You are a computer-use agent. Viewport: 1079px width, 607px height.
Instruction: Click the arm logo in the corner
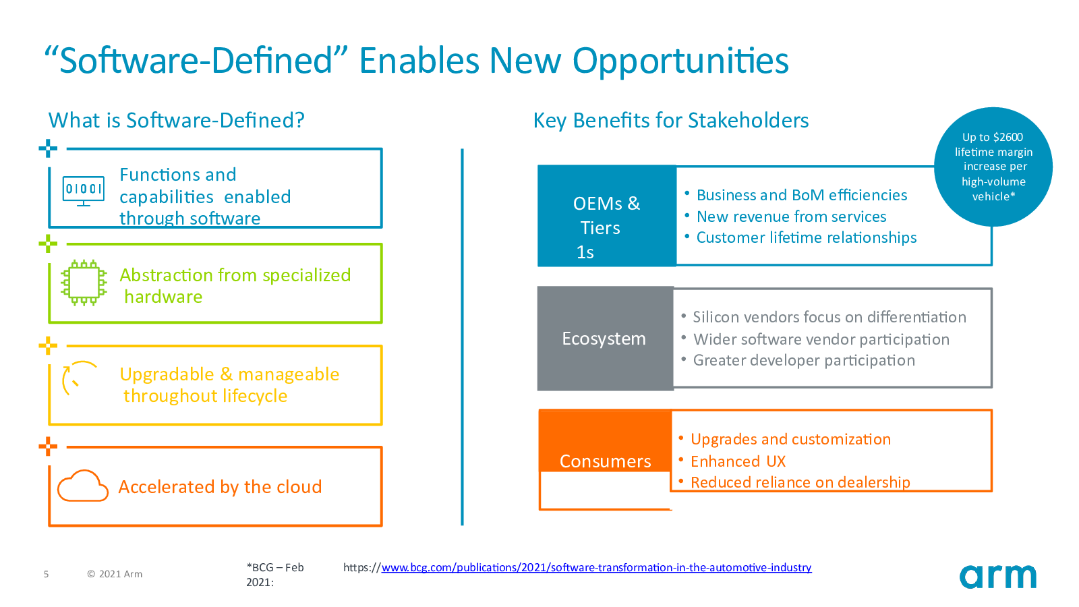point(997,576)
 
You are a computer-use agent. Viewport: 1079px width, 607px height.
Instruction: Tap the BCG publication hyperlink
point(596,567)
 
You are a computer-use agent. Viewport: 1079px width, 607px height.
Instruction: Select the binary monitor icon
point(84,191)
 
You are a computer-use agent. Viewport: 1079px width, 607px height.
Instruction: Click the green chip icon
point(84,283)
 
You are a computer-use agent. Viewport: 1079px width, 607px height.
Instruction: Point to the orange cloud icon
point(83,486)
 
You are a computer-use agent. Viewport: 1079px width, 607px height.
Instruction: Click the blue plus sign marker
point(48,148)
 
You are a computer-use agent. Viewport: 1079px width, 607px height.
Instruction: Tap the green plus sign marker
point(48,243)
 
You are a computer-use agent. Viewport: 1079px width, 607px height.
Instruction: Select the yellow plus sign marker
point(48,345)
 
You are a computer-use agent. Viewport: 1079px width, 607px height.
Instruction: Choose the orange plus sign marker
point(48,446)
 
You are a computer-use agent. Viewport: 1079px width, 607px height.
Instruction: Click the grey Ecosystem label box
point(605,338)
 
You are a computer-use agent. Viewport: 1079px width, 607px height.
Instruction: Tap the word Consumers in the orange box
point(605,461)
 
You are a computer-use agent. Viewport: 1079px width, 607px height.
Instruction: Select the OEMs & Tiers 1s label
point(606,227)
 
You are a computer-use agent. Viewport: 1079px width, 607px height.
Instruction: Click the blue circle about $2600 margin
point(993,167)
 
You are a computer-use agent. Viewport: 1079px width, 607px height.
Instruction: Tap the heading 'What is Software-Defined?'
point(176,120)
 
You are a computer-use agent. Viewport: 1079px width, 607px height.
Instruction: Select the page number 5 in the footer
point(47,574)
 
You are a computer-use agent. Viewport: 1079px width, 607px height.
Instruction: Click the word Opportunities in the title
point(680,61)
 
